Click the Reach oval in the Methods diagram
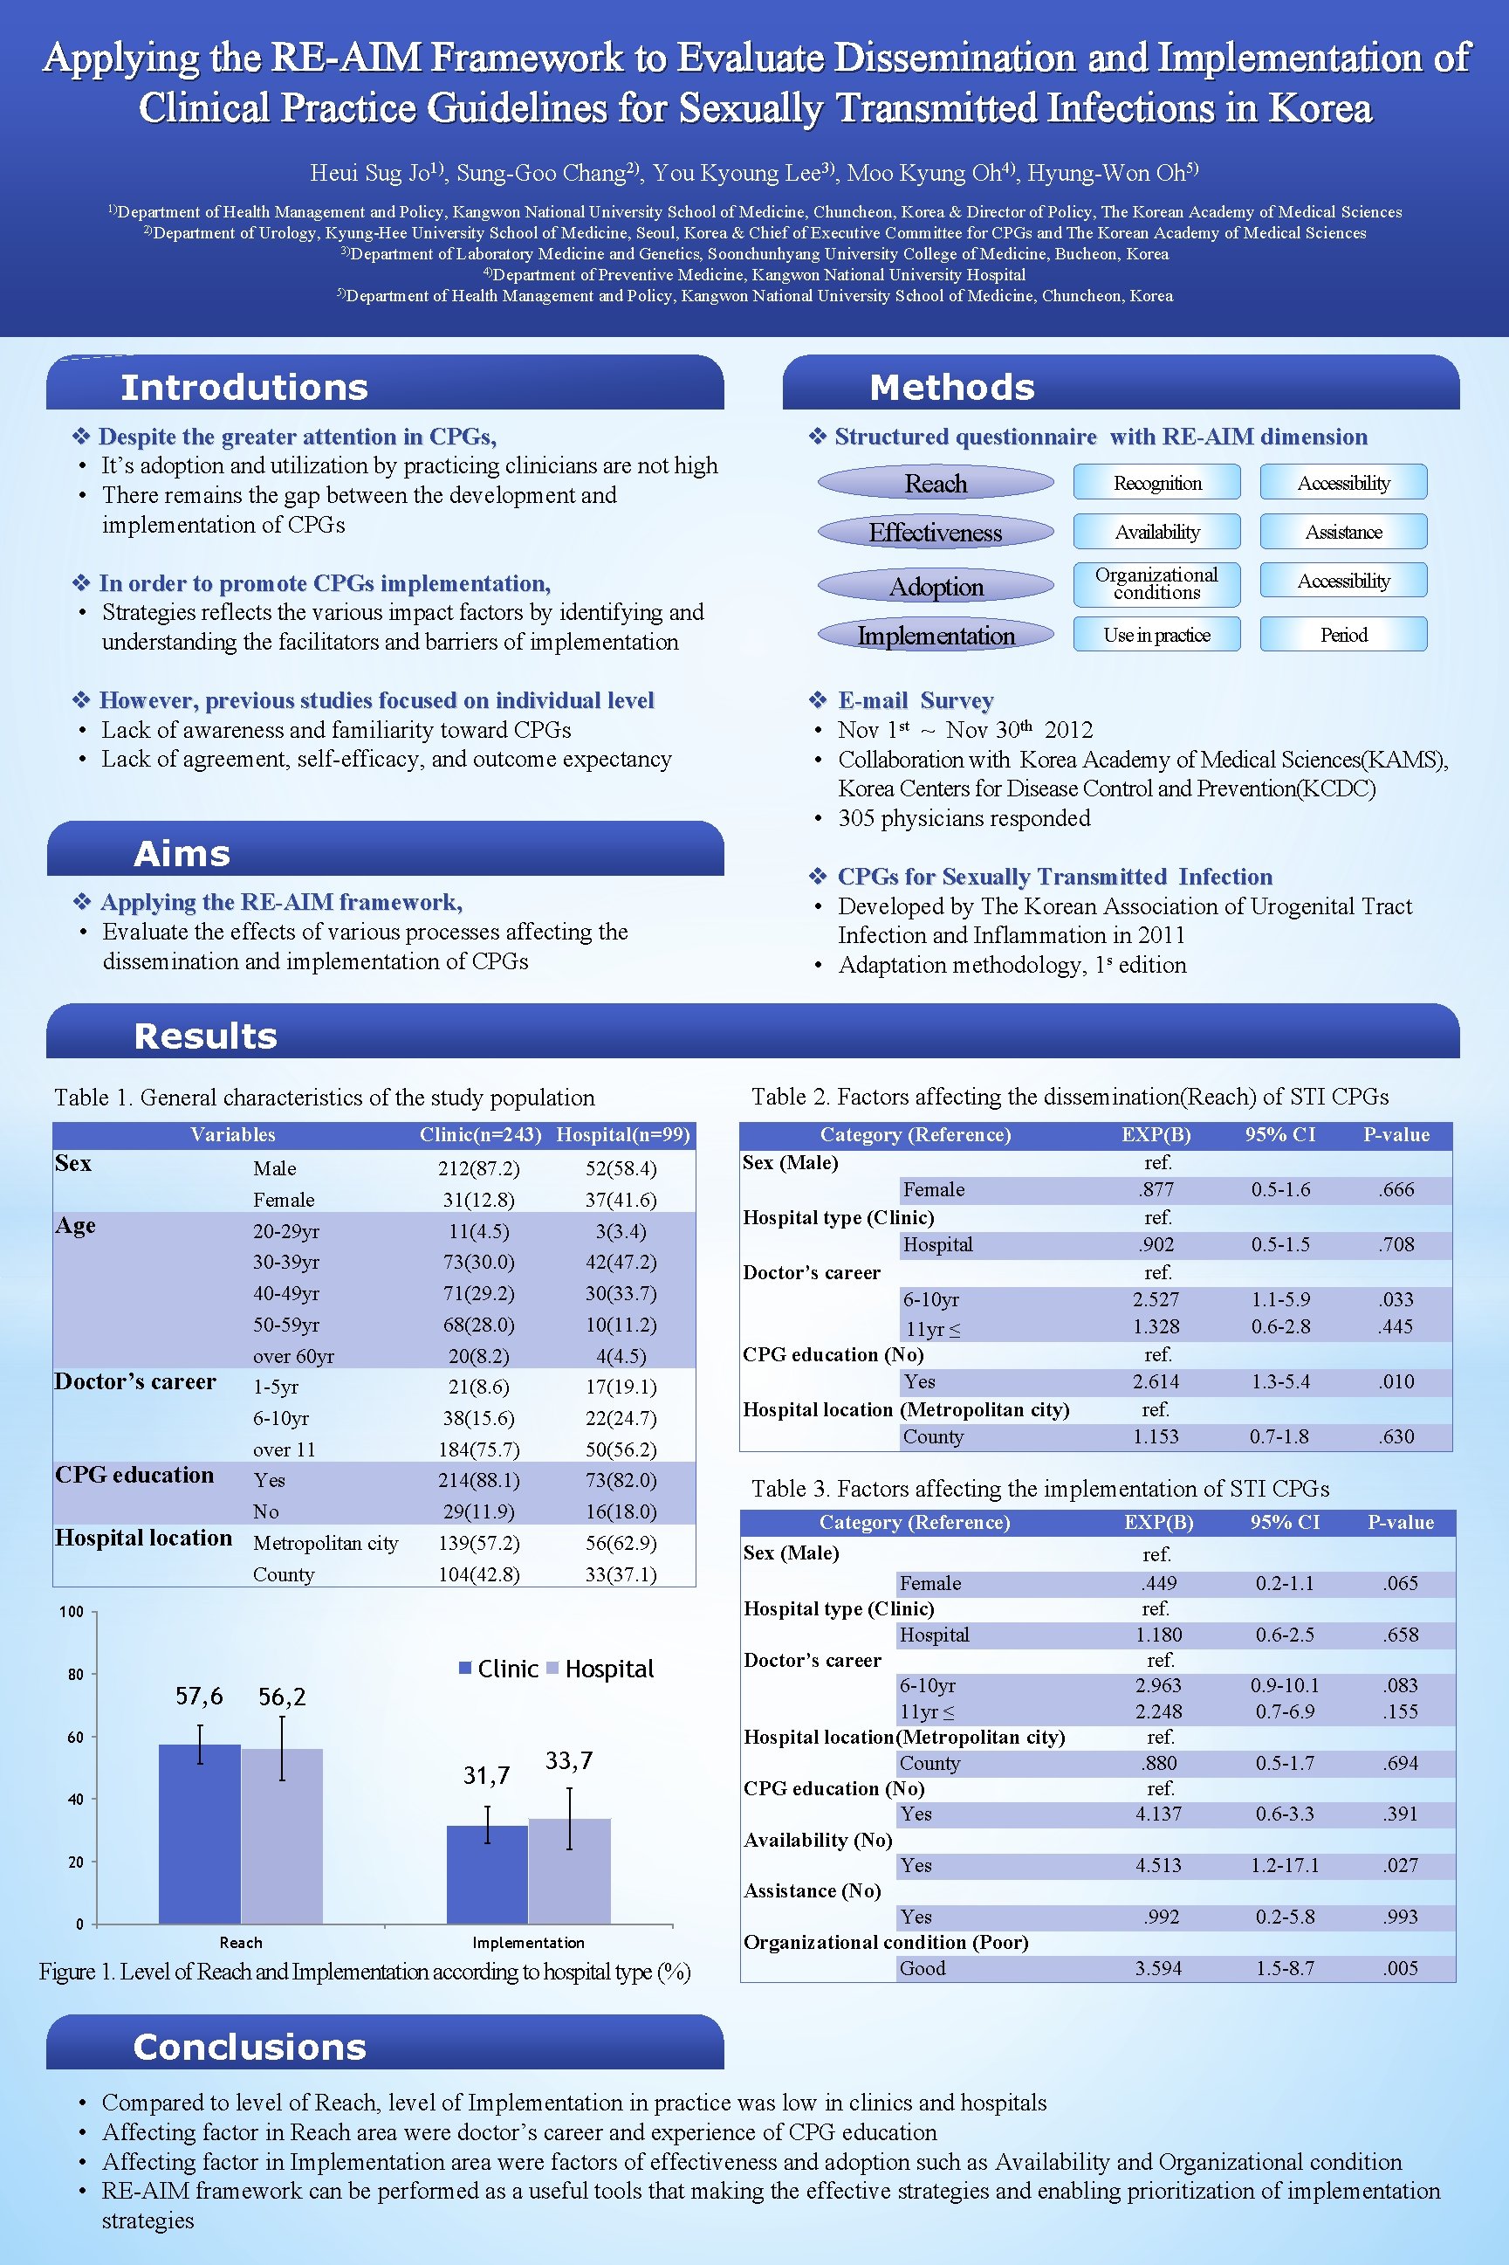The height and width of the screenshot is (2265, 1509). tap(936, 483)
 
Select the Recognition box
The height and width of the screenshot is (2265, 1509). tap(1156, 483)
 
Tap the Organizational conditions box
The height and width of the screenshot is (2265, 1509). tap(1156, 584)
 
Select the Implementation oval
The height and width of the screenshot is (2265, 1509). tap(936, 636)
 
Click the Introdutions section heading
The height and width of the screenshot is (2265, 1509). tap(244, 387)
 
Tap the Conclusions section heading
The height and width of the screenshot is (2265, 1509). tap(250, 2048)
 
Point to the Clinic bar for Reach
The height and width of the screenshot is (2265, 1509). tap(199, 1834)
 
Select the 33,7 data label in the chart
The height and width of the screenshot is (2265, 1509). tap(569, 1760)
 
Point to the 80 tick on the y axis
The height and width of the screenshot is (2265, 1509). tap(76, 1675)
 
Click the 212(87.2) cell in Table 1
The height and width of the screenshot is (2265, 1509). tap(478, 1168)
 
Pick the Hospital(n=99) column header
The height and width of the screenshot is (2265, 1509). tap(622, 1135)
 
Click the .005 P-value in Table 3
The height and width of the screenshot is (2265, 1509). tap(1400, 1968)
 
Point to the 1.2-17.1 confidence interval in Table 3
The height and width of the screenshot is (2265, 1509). tap(1285, 1865)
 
